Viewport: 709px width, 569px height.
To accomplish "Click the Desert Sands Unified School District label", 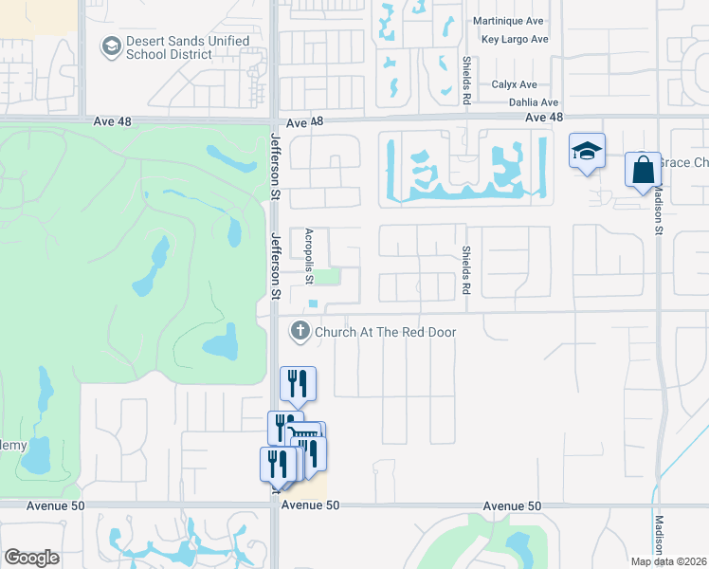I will (188, 48).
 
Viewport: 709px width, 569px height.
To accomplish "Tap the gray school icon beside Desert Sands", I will (111, 46).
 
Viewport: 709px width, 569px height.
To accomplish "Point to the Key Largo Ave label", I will (515, 39).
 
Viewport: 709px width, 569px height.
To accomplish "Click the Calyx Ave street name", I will (515, 84).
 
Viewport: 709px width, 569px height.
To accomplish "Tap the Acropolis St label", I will (309, 255).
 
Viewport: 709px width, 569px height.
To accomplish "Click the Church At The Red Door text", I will (385, 332).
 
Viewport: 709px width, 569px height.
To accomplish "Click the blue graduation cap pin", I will (587, 151).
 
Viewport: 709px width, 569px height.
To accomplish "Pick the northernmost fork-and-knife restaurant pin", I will (298, 383).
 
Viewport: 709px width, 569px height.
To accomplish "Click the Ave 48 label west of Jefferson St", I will (112, 122).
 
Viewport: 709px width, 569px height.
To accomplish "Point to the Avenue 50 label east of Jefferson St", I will (512, 507).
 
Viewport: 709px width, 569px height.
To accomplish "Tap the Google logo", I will (31, 558).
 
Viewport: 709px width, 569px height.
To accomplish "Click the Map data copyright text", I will (669, 561).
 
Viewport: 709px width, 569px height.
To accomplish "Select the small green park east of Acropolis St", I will (326, 277).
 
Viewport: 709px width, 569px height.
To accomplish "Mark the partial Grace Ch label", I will (683, 163).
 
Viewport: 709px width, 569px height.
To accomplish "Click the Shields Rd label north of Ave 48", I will (466, 80).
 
